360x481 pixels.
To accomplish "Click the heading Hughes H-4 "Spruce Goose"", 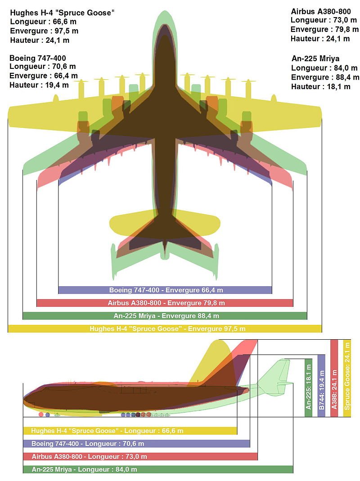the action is [x=62, y=13].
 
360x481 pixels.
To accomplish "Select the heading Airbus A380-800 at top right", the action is [x=321, y=11].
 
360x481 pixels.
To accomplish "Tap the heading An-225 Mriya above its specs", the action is [x=315, y=58].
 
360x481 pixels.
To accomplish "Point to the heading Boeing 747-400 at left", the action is [x=38, y=58].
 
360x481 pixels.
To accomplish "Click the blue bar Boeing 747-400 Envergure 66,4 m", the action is [x=165, y=290].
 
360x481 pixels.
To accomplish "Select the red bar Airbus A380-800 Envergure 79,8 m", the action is [x=165, y=303].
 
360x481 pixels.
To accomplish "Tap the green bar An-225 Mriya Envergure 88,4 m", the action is [x=165, y=316].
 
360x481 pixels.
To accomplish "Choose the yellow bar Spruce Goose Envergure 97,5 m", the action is [x=165, y=328].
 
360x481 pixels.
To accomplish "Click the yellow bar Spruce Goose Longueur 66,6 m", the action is [x=130, y=431].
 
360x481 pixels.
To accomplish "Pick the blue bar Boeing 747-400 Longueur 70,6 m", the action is [x=136, y=444].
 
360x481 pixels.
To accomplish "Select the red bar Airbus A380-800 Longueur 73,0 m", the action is [x=140, y=456].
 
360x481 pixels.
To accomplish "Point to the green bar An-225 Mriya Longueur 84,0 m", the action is [x=158, y=469].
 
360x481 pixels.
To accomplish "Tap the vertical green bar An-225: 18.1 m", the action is [x=308, y=387].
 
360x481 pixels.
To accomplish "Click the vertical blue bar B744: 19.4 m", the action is [x=321, y=386].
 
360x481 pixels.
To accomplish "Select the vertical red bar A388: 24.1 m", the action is [x=334, y=378].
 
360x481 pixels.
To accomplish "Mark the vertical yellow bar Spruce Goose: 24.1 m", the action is [x=347, y=378].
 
